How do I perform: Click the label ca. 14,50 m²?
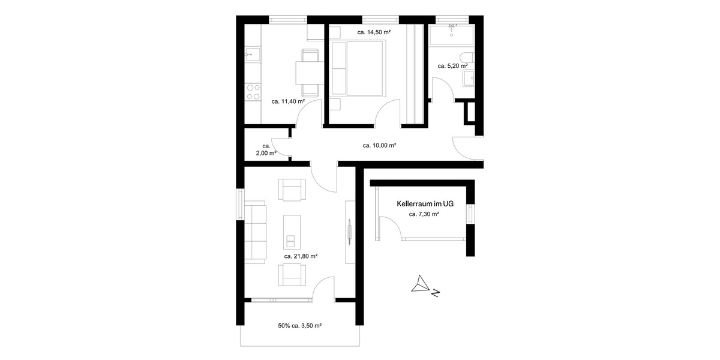tap(374, 32)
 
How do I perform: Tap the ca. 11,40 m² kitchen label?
tap(288, 101)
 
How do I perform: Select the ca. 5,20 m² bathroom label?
tap(452, 66)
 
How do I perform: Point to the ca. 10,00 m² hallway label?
tap(379, 145)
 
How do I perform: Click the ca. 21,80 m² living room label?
tap(301, 256)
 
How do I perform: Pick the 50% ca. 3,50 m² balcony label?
tap(299, 326)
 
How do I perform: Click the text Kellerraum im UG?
tap(425, 204)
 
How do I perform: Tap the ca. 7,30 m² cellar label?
tap(424, 214)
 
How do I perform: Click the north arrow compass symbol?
tap(422, 284)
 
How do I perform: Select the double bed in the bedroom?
tap(358, 68)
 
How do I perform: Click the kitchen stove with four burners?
tap(253, 92)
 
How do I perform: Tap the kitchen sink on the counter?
tap(251, 55)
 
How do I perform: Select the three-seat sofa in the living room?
tap(256, 232)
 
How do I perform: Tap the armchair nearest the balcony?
tap(292, 274)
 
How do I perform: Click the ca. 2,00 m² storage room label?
tap(268, 149)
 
